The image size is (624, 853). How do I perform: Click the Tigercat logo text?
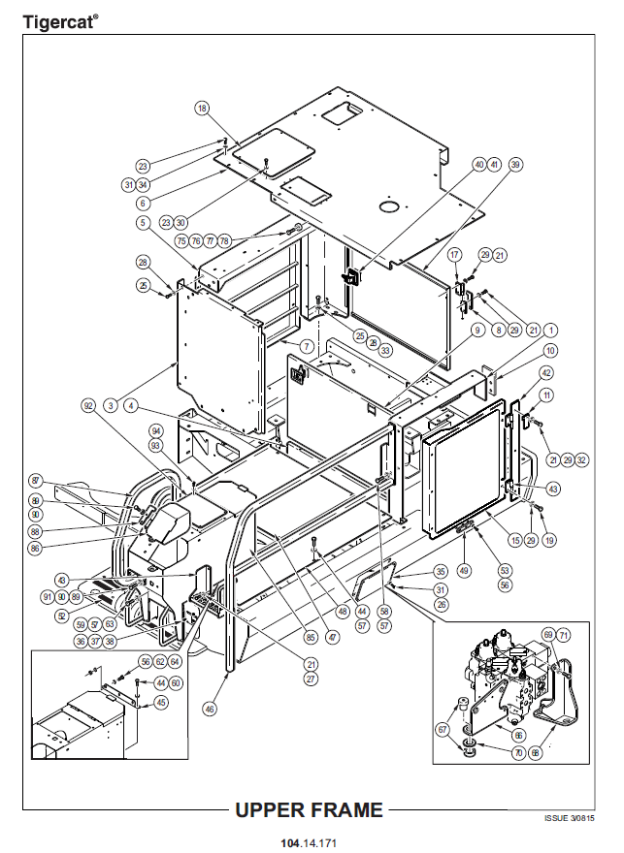click(x=59, y=20)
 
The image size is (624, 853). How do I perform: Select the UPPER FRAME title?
click(x=309, y=809)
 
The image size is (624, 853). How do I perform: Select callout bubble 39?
click(x=515, y=165)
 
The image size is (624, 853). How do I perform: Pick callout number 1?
click(x=550, y=330)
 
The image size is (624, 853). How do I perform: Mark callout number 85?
click(x=311, y=638)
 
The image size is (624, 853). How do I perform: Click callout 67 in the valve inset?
click(x=443, y=730)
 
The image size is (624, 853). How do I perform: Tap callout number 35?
click(x=441, y=572)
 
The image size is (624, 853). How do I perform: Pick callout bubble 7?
click(x=306, y=346)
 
